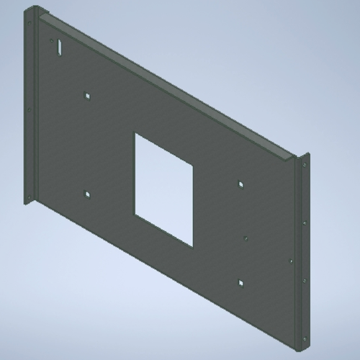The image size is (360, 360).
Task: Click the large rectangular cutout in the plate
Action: point(164,187)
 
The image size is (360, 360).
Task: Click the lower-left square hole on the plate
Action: point(86,193)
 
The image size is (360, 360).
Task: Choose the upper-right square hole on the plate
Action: point(241,184)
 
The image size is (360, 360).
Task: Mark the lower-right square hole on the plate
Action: point(241,282)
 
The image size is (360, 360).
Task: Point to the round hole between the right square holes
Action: point(246,235)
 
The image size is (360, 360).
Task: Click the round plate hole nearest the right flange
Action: point(290,261)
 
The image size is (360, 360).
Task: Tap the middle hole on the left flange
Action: point(29,110)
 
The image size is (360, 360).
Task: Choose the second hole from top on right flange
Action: point(305,222)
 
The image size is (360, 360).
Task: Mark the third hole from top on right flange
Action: point(305,279)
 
